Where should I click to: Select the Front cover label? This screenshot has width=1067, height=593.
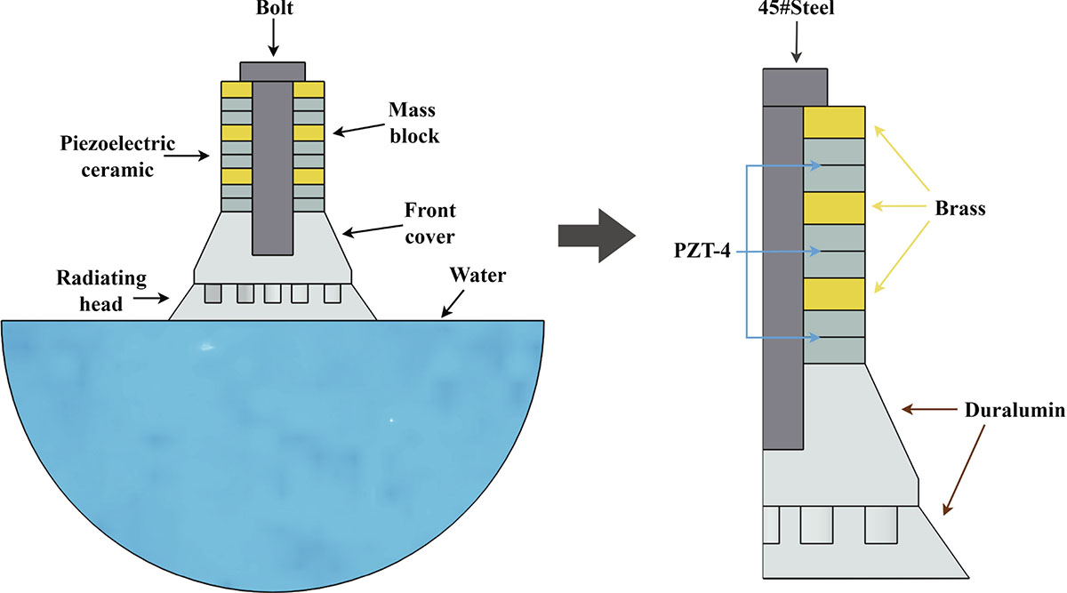431,222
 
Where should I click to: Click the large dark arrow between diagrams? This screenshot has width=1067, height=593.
595,236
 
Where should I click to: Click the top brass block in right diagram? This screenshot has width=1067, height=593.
834,122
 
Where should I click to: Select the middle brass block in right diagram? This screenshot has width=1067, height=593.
834,208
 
